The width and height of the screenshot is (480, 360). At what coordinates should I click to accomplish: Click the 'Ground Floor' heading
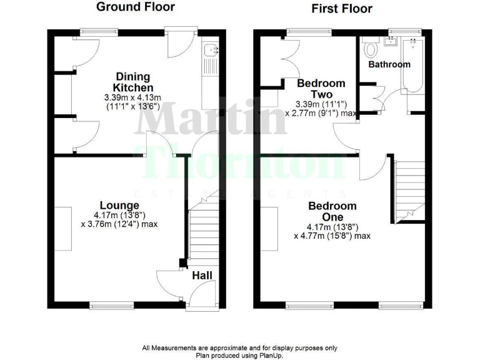click(x=135, y=7)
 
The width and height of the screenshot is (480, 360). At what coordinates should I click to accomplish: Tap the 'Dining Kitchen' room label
click(x=132, y=82)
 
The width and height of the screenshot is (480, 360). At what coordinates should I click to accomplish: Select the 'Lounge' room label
click(x=119, y=206)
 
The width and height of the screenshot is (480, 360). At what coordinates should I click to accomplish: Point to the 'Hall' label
click(x=201, y=276)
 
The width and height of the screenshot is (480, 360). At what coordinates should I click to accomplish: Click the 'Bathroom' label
click(x=389, y=64)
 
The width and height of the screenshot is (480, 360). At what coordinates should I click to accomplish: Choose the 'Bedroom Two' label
click(x=321, y=89)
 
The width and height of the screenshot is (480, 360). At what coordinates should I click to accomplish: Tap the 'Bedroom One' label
click(x=332, y=212)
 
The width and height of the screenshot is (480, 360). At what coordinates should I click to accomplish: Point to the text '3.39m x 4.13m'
click(x=132, y=97)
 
